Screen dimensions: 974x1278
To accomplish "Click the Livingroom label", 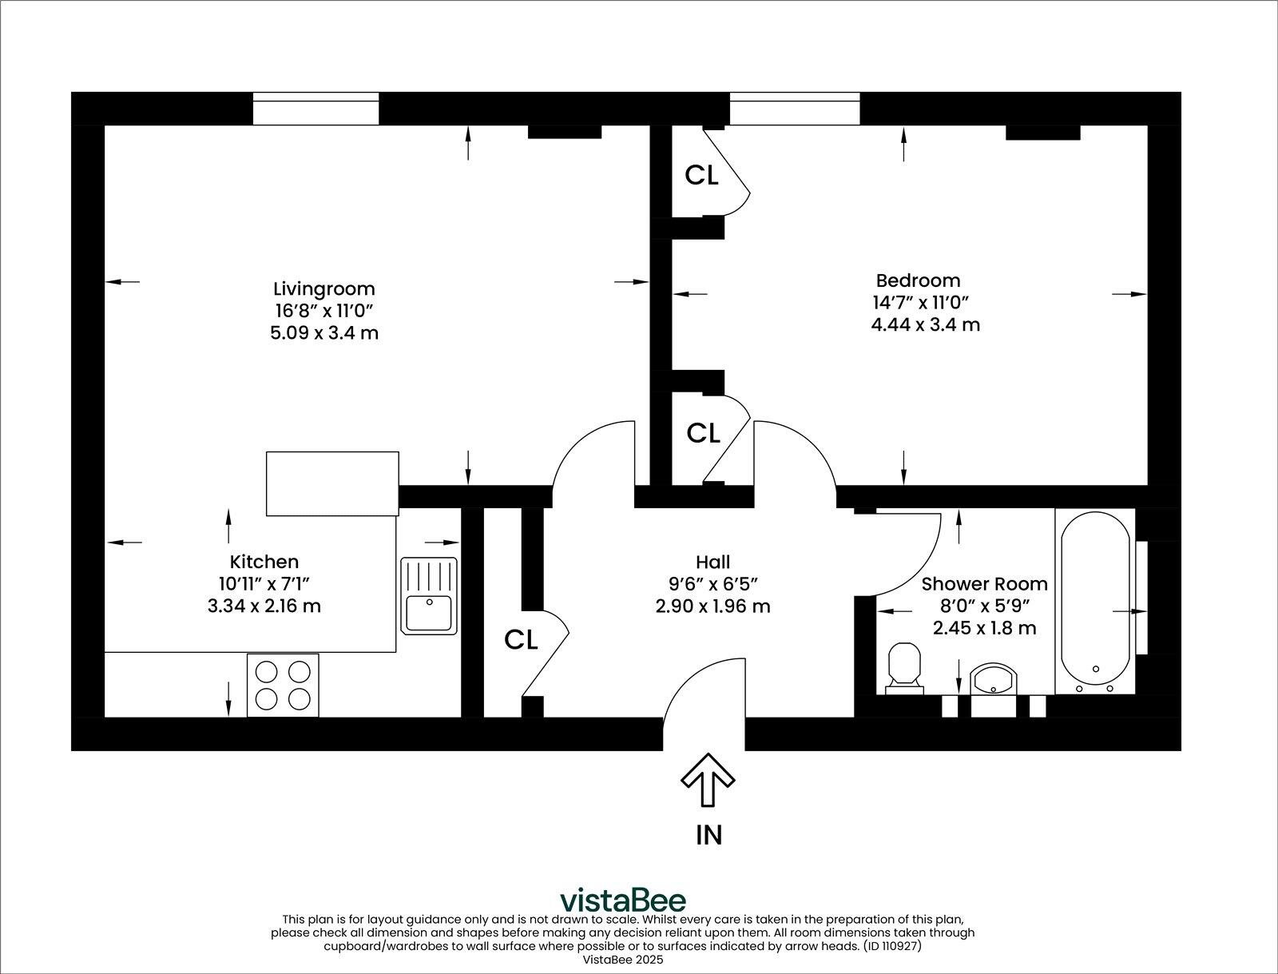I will pyautogui.click(x=323, y=288).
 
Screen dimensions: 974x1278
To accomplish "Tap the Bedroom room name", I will pyautogui.click(x=918, y=280).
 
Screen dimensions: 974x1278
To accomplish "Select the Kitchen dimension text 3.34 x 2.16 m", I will pyautogui.click(x=264, y=606).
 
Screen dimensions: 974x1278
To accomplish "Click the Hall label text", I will pyautogui.click(x=712, y=563).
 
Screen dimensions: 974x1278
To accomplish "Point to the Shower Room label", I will pyautogui.click(x=984, y=584).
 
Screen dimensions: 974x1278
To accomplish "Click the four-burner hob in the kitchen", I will pyautogui.click(x=283, y=685).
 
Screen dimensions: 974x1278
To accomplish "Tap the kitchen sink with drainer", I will pyautogui.click(x=429, y=596).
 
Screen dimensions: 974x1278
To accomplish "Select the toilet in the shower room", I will pyautogui.click(x=905, y=666).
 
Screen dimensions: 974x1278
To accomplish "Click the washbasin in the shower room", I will pyautogui.click(x=993, y=681).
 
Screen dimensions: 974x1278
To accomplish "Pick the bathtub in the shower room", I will pyautogui.click(x=1094, y=601).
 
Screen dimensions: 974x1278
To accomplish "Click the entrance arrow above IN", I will pyautogui.click(x=708, y=779).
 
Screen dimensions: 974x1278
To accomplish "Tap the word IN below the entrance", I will pyautogui.click(x=708, y=835).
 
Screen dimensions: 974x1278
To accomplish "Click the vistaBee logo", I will pyautogui.click(x=622, y=900).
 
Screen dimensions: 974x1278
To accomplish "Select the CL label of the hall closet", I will pyautogui.click(x=521, y=640).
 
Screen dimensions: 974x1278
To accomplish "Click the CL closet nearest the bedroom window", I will pyautogui.click(x=701, y=175).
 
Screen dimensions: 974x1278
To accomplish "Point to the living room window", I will pyautogui.click(x=316, y=109).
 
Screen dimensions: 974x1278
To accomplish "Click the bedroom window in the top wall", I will pyautogui.click(x=795, y=109).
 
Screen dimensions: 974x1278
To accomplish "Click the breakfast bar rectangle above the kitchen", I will pyautogui.click(x=332, y=483).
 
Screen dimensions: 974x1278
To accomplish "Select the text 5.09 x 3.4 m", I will pyautogui.click(x=323, y=332).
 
